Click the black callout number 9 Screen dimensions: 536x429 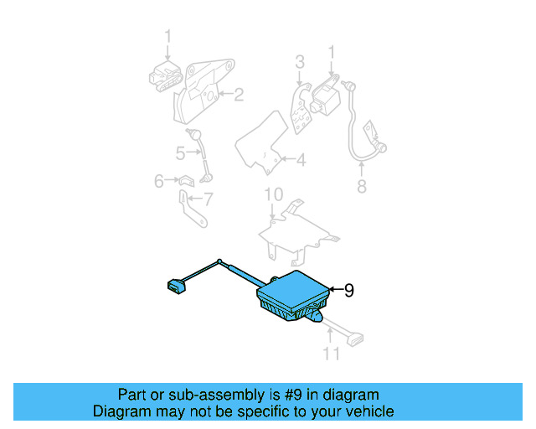(348, 291)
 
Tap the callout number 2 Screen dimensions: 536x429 (239, 95)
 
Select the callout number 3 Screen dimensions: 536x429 (300, 62)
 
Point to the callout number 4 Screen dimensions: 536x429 (301, 160)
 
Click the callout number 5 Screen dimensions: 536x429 (181, 153)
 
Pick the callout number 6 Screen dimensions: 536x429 (159, 181)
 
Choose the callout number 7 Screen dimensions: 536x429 (208, 199)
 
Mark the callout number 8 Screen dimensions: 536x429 (362, 187)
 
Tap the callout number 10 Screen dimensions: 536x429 (274, 194)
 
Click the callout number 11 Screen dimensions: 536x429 (332, 354)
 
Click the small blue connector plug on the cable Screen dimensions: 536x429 (177, 287)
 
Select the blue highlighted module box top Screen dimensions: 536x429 (294, 291)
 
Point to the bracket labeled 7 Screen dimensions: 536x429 (192, 209)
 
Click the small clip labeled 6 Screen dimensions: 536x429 (187, 181)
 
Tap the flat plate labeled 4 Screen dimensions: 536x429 (262, 143)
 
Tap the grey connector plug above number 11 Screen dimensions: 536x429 (355, 339)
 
